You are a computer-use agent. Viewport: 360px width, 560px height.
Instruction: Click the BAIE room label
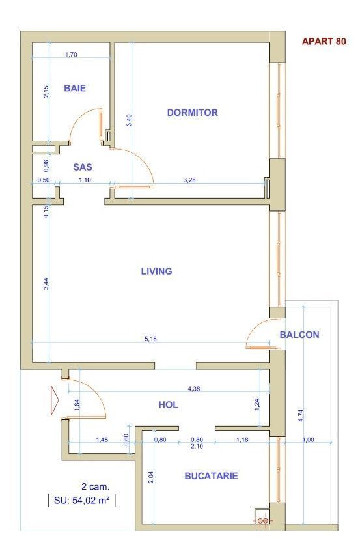coord(75,88)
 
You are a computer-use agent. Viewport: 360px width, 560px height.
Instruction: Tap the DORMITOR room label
coord(192,113)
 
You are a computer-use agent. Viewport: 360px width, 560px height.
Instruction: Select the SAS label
coord(82,167)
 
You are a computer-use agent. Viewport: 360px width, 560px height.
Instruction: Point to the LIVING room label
coord(157,272)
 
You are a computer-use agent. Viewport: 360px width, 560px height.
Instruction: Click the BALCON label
coord(299,335)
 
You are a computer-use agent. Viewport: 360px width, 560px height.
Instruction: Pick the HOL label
coord(168,405)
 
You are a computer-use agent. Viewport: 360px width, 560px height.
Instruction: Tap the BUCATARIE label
coord(211,476)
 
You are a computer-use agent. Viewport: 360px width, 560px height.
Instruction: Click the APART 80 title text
coord(324,42)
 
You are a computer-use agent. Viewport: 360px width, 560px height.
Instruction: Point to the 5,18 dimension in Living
coord(150,339)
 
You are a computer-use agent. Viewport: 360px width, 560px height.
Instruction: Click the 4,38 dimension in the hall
coord(194,389)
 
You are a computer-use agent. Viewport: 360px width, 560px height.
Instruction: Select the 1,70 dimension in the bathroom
coord(72,55)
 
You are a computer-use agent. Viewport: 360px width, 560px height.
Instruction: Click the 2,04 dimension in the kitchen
coord(150,476)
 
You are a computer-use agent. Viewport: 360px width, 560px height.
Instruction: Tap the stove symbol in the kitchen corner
coord(262,518)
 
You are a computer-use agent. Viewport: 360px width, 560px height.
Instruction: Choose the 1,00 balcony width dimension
coord(309,440)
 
